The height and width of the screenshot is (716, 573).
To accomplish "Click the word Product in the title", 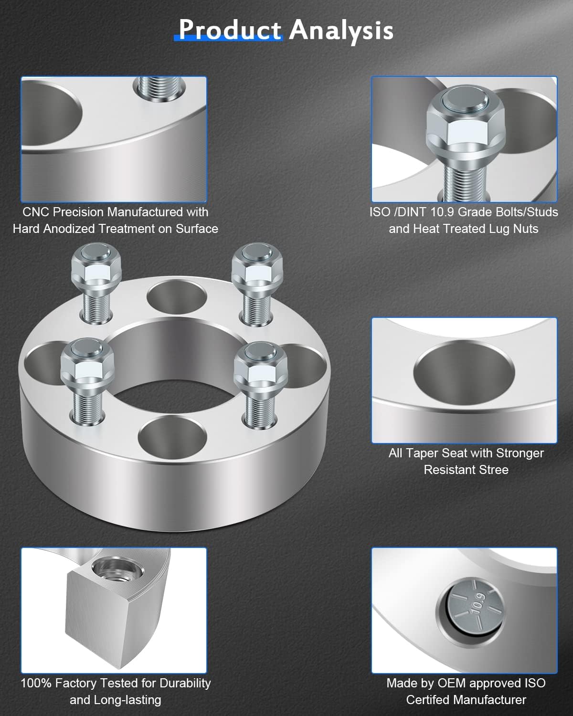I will pos(230,30).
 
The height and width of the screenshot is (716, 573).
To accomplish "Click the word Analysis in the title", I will pos(341,30).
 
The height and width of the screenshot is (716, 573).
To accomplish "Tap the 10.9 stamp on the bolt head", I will pos(478,605).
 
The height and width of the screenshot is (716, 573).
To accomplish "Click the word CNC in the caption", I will pos(36,212).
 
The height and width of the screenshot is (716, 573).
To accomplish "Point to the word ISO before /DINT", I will pos(380,212).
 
